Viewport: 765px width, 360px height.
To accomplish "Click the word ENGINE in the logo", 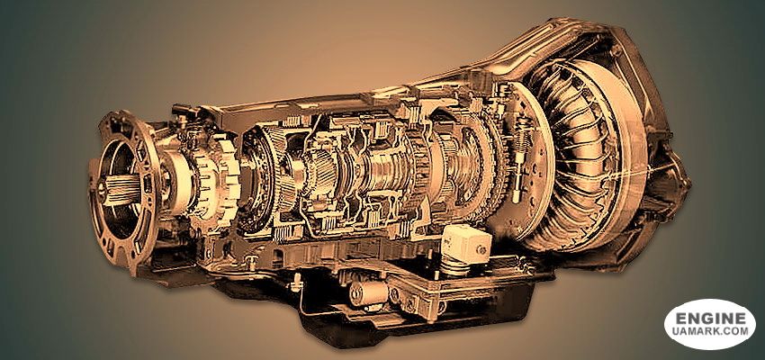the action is pyautogui.click(x=710, y=319).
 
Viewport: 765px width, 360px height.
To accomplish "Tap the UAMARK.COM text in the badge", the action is pyautogui.click(x=710, y=331).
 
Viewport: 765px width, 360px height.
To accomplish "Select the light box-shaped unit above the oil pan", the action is pyautogui.click(x=465, y=245).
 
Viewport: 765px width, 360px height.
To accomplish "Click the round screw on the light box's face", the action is pyautogui.click(x=481, y=250).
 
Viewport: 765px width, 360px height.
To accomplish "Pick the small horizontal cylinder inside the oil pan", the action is pyautogui.click(x=368, y=293).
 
